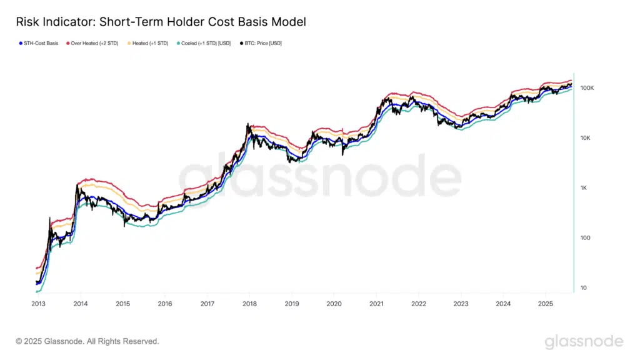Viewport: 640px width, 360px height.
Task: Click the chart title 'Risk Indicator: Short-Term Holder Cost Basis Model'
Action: tap(161, 22)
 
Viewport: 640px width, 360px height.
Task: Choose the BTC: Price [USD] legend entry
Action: tap(262, 43)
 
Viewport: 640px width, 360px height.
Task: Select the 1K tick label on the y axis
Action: tap(585, 188)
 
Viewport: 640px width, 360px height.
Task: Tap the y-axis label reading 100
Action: tap(585, 238)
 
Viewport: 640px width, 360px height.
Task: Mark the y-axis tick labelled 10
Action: tap(584, 288)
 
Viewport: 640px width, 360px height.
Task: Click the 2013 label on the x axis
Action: tap(37, 304)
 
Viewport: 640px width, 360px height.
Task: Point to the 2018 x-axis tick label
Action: tap(249, 304)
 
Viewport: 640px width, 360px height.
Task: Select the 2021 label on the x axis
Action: tap(376, 304)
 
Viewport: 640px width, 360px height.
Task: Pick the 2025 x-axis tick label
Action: tap(545, 304)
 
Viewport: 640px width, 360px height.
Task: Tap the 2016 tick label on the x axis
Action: tap(164, 304)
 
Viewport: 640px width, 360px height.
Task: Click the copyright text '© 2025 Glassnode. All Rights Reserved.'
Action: tap(87, 342)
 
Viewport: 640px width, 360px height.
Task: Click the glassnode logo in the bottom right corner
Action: tap(584, 341)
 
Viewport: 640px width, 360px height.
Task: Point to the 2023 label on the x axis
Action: tap(461, 304)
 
